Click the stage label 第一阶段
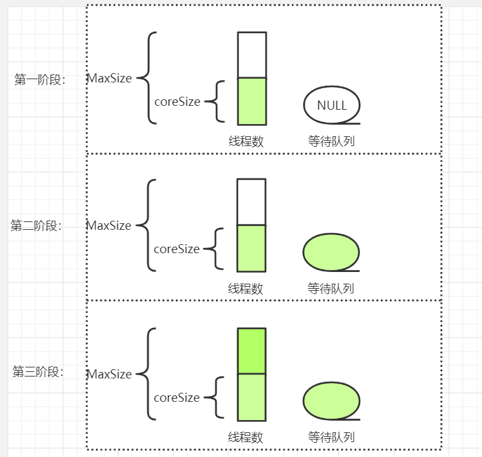(40, 80)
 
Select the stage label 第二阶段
(36, 226)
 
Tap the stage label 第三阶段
(38, 373)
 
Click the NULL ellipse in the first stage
(331, 105)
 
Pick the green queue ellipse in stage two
(331, 252)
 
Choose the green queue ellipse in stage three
(331, 401)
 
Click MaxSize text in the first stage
(110, 79)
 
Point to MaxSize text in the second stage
(109, 226)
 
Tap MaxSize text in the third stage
(110, 375)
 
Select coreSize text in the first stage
(177, 101)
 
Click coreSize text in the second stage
(176, 249)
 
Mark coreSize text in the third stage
(176, 397)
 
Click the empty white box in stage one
(252, 55)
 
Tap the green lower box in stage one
(252, 101)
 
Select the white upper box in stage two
(252, 202)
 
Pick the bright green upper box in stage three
(252, 351)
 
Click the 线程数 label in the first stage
(246, 142)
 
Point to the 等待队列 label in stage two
(331, 289)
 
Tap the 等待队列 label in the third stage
(331, 437)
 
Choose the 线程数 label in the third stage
(246, 437)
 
